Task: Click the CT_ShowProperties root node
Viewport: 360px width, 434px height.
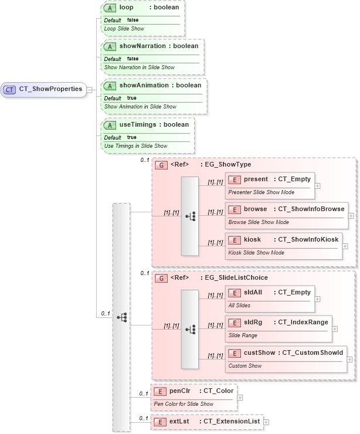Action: click(44, 90)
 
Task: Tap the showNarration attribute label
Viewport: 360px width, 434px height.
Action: click(142, 46)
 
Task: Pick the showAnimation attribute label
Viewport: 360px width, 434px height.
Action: click(144, 86)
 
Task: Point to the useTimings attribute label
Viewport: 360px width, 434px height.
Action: click(138, 124)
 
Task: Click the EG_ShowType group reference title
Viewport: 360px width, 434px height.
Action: click(225, 165)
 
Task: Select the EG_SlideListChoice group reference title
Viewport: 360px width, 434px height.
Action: click(233, 277)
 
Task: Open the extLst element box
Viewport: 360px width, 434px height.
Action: click(206, 422)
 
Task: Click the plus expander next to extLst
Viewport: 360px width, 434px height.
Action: click(266, 422)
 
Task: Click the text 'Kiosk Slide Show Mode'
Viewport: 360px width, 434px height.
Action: click(256, 253)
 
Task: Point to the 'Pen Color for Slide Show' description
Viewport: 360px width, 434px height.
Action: click(184, 404)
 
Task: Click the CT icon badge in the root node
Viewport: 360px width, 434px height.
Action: click(10, 90)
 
